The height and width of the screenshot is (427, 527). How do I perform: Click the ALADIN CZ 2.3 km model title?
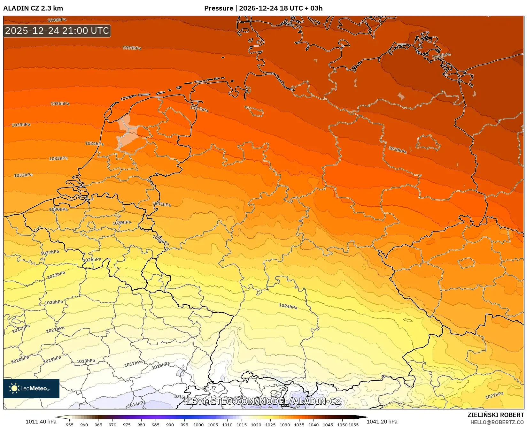[x=33, y=8]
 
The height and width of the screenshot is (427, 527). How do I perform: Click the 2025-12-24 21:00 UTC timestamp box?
[x=57, y=31]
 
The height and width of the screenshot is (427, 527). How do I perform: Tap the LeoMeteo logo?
[x=31, y=388]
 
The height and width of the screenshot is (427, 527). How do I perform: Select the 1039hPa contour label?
[x=132, y=48]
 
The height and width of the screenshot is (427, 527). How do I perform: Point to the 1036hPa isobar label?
[x=60, y=103]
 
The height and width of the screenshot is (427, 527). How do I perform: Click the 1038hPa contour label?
[x=398, y=149]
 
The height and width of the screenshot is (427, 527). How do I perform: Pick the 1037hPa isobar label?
[x=199, y=109]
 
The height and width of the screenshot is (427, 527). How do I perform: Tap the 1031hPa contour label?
[x=162, y=204]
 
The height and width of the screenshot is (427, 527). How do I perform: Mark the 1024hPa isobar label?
[x=288, y=306]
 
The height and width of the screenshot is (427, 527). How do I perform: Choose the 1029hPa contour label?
[x=122, y=223]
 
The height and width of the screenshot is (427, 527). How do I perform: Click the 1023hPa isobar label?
[x=54, y=302]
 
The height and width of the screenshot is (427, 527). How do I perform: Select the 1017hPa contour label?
[x=134, y=363]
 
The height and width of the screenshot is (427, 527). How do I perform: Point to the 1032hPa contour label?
[x=23, y=175]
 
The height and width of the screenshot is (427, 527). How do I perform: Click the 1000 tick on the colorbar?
[x=198, y=425]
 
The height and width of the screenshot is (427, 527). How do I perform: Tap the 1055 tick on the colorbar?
[x=353, y=425]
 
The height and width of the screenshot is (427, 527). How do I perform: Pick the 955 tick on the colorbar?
[x=70, y=425]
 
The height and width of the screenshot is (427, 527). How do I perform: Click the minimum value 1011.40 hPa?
[x=41, y=422]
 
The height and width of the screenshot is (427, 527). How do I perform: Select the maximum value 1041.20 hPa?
[x=382, y=422]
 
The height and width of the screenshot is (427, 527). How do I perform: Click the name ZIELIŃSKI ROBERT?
[x=496, y=415]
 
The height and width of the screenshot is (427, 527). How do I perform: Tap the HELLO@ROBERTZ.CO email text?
[x=497, y=422]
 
